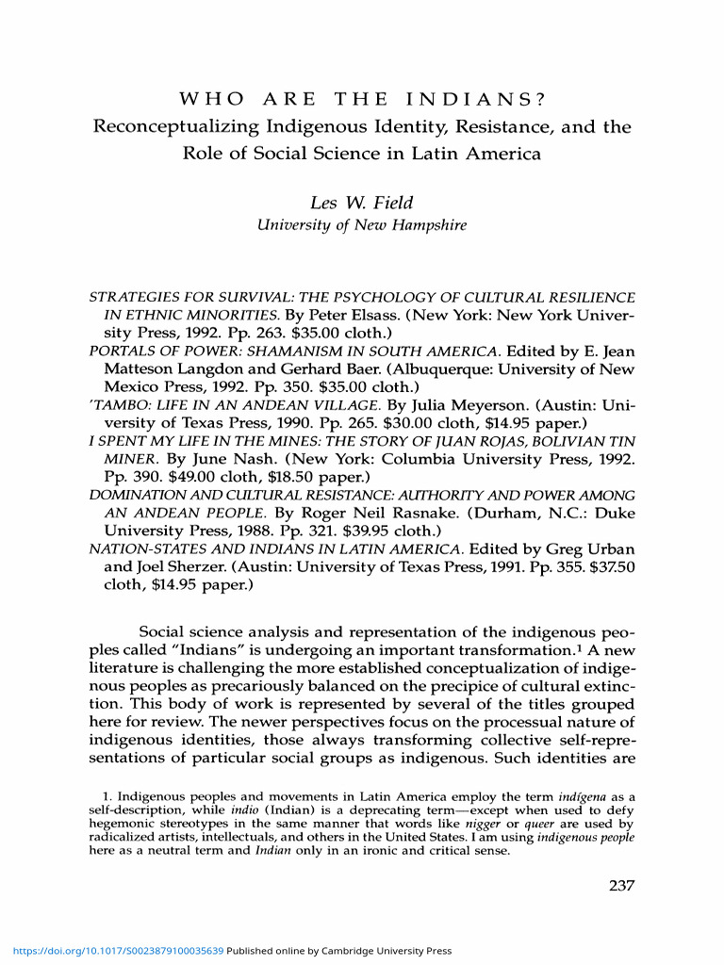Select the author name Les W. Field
362,202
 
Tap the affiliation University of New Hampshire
362,225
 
